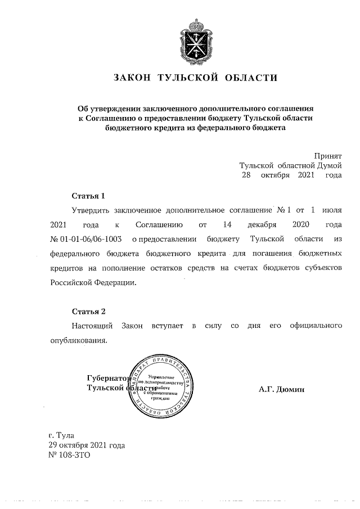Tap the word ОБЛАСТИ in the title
tap(251, 78)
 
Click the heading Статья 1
tap(88, 196)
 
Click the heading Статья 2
tap(88, 312)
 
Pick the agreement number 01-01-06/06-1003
tap(91, 239)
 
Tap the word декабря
tap(262, 224)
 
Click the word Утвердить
tap(89, 210)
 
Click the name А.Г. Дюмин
tap(282, 389)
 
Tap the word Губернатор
tap(107, 379)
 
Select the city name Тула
tap(65, 435)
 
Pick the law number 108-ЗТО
tap(75, 455)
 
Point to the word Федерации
tap(113, 282)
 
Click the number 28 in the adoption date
tap(246, 175)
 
